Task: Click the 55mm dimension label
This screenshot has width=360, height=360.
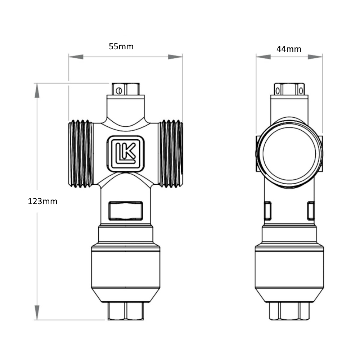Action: click(121, 46)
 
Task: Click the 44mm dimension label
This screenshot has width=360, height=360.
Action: click(289, 49)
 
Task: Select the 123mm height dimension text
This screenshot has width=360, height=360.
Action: click(42, 201)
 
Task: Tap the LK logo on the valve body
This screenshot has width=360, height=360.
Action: click(126, 154)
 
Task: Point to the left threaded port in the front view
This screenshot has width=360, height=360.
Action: click(81, 153)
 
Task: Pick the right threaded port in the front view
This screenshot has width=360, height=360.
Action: click(170, 153)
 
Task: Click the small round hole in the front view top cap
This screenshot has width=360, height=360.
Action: click(119, 91)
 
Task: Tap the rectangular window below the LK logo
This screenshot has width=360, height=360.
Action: click(126, 211)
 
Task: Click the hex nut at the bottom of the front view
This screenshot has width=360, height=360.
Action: click(126, 311)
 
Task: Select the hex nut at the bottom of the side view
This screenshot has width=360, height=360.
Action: click(289, 311)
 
